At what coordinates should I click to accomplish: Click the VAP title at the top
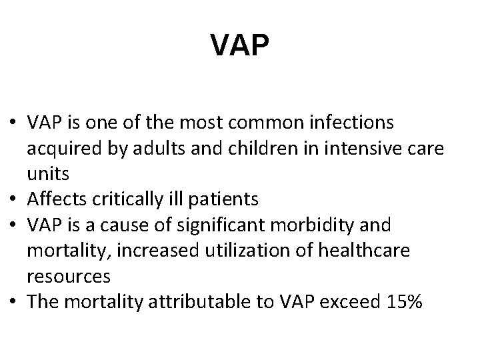click(240, 45)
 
